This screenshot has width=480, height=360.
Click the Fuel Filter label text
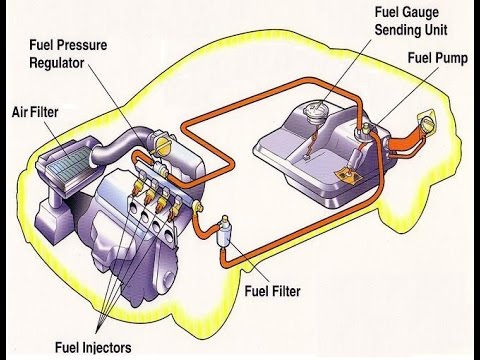(x=272, y=291)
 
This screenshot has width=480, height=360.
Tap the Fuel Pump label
(x=438, y=58)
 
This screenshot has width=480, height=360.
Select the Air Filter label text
(x=35, y=112)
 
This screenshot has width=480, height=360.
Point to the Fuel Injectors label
(x=93, y=347)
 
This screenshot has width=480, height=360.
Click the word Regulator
(x=57, y=63)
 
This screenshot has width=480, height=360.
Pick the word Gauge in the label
(x=421, y=13)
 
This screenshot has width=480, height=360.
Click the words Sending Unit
(x=411, y=30)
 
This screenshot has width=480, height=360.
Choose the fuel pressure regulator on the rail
(x=160, y=168)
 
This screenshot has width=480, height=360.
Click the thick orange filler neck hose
(x=404, y=140)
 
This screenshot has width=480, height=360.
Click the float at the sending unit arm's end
(x=307, y=156)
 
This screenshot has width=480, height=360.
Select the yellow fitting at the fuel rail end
(x=199, y=206)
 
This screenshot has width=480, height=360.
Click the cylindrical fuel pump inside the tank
(x=356, y=158)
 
